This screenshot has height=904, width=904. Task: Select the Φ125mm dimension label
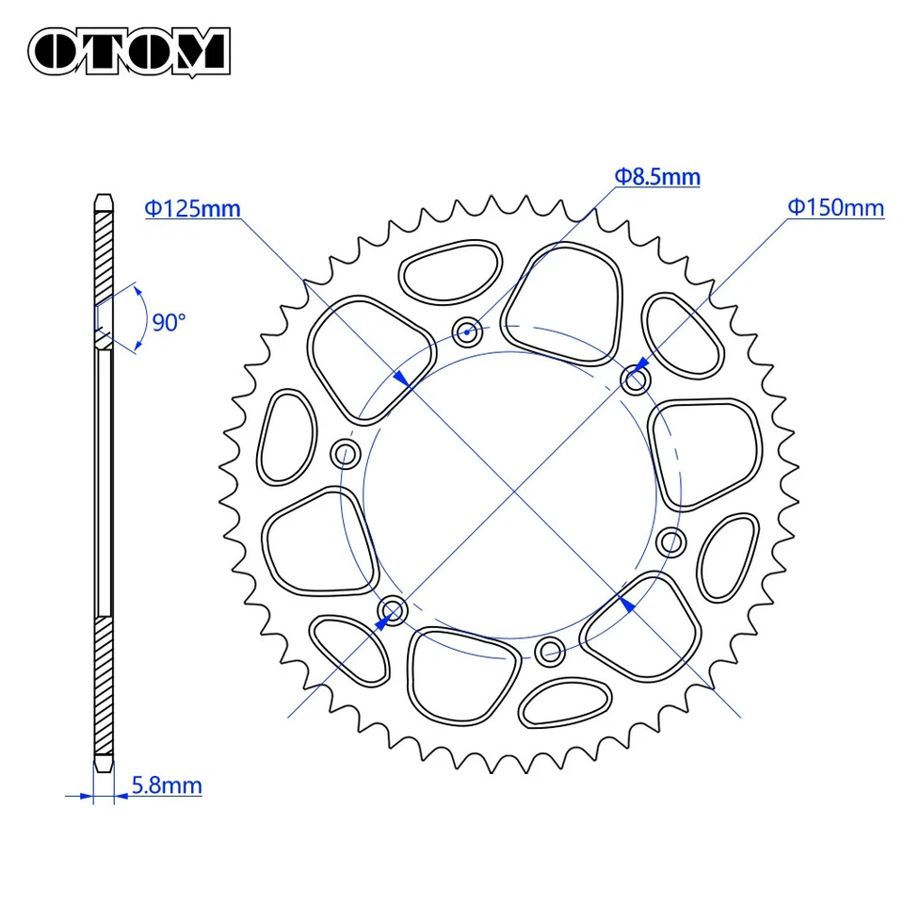[x=192, y=208]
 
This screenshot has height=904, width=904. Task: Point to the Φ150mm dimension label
[x=836, y=207]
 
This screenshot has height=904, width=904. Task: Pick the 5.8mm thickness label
[x=167, y=784]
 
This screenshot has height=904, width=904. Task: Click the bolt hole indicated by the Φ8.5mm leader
[x=468, y=330]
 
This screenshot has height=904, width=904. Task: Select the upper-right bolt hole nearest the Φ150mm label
[x=637, y=380]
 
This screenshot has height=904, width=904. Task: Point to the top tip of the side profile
[x=104, y=196]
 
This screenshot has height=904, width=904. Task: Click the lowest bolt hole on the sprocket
[x=550, y=650]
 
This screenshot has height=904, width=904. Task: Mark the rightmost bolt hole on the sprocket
[x=671, y=541]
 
